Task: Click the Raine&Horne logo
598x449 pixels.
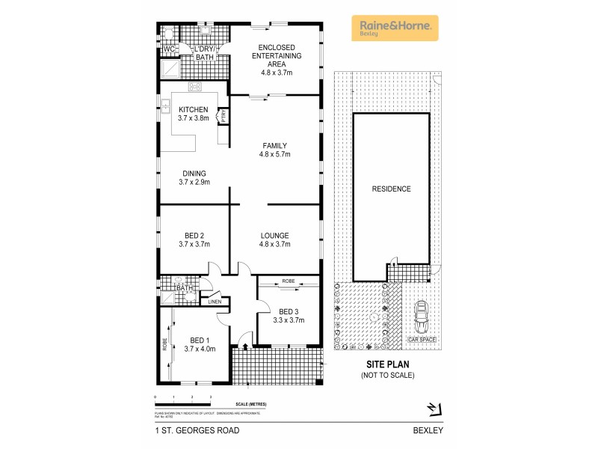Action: coord(395,28)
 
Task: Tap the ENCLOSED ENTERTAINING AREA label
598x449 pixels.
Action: coord(275,55)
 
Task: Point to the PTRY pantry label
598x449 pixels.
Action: coord(223,116)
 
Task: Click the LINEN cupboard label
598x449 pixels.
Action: coord(215,302)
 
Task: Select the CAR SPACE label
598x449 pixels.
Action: coord(422,340)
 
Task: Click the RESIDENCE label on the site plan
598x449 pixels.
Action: coord(392,189)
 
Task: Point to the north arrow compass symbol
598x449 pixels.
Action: coord(433,408)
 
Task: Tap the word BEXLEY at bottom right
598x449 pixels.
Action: coord(428,431)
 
